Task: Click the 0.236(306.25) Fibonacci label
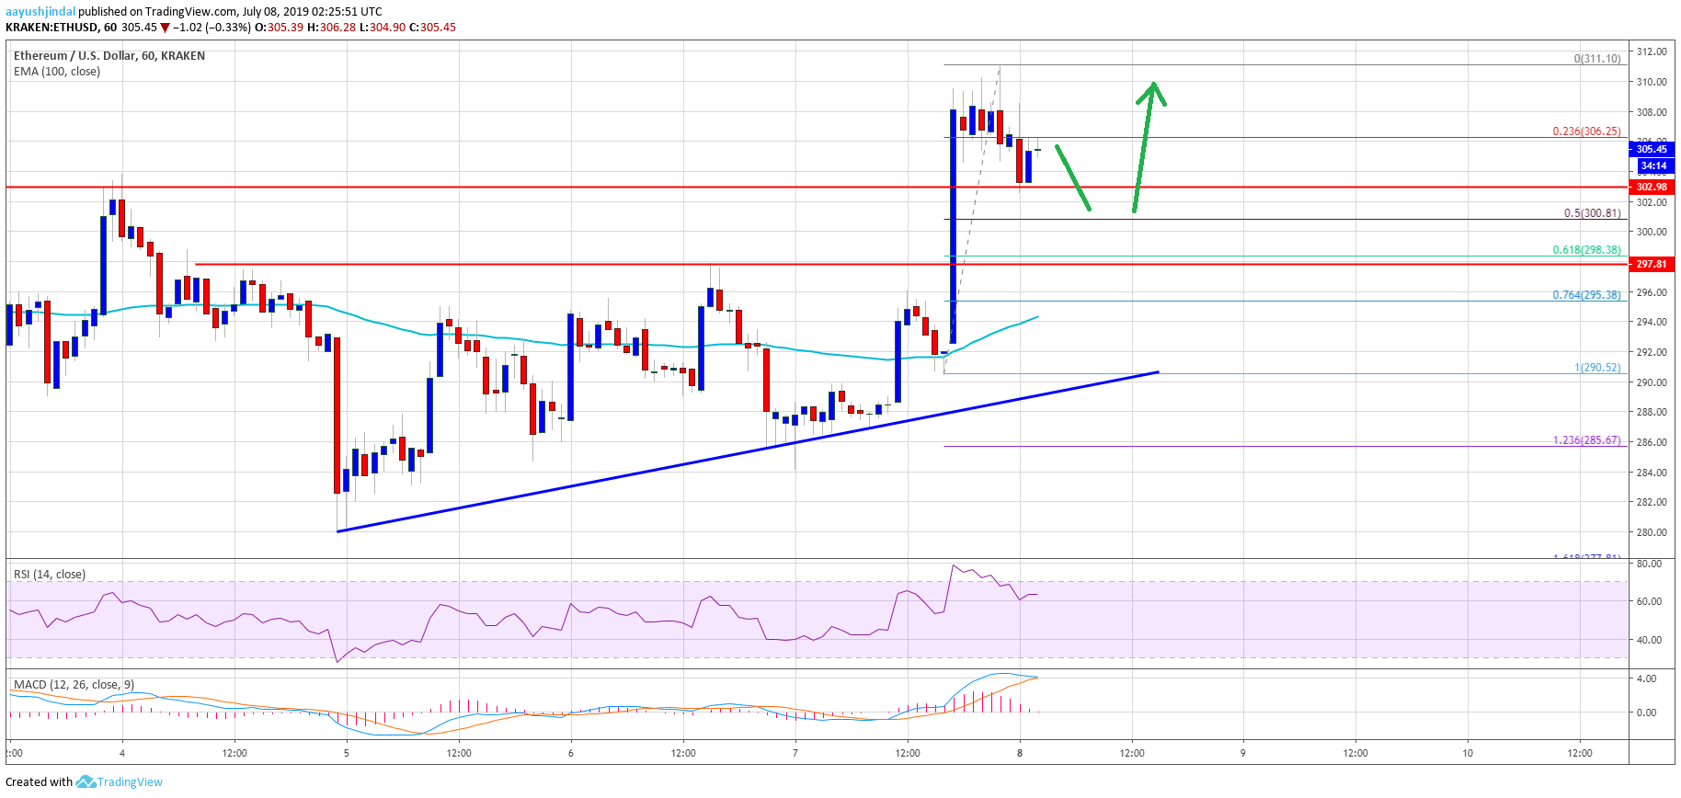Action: coord(1586,131)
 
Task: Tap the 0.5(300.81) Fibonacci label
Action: coord(1592,213)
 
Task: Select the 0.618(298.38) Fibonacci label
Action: coord(1586,250)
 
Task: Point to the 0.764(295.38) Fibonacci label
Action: coord(1586,295)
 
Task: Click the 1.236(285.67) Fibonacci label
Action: coord(1586,440)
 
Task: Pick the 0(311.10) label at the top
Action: coord(1596,59)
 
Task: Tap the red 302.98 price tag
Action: coord(1652,187)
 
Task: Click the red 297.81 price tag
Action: coord(1652,264)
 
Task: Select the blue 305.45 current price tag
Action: coord(1652,149)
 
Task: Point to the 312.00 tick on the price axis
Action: coord(1651,52)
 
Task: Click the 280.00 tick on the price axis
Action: coord(1651,532)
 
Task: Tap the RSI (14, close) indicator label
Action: coord(50,575)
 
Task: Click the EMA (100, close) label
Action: coord(57,72)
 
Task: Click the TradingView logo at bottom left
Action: coord(120,782)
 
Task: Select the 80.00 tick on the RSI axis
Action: coord(1649,564)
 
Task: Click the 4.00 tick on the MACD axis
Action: coord(1646,678)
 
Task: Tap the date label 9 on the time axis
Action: coord(1242,753)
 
